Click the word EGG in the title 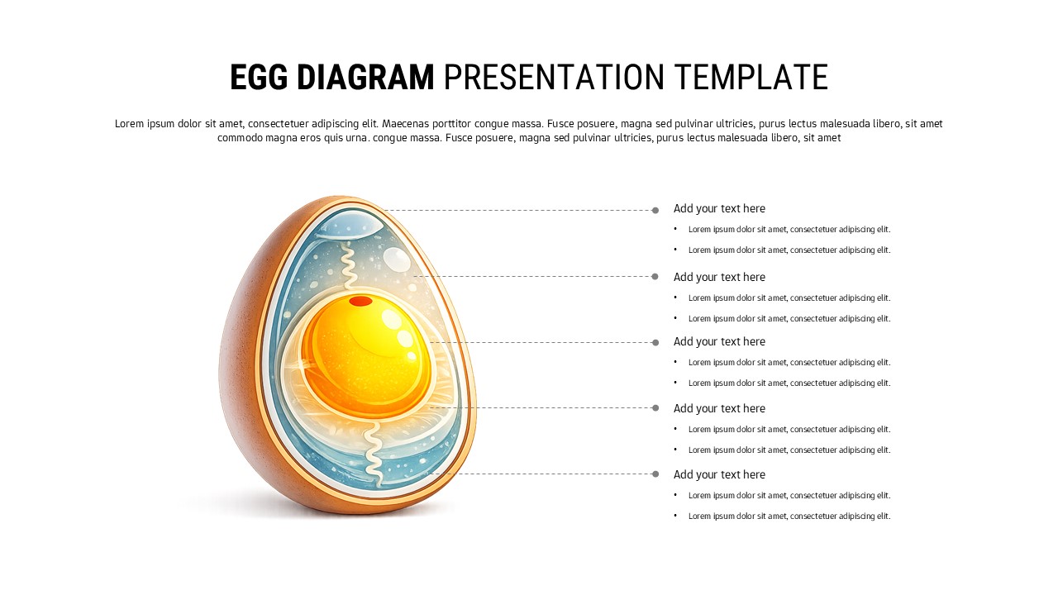tap(259, 77)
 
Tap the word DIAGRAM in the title tap(365, 77)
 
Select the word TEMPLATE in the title tap(751, 77)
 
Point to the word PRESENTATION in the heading tap(554, 77)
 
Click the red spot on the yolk tap(360, 301)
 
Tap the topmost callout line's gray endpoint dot tap(655, 210)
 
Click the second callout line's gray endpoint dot tap(655, 276)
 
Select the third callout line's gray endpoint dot tap(655, 342)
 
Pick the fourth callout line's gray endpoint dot tap(655, 407)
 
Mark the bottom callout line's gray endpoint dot tap(655, 474)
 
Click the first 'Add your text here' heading tap(719, 209)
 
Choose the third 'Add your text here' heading tap(719, 342)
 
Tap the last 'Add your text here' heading tap(719, 474)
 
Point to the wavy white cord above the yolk tap(348, 264)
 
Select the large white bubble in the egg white tap(397, 259)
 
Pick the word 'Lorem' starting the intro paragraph tap(130, 124)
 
